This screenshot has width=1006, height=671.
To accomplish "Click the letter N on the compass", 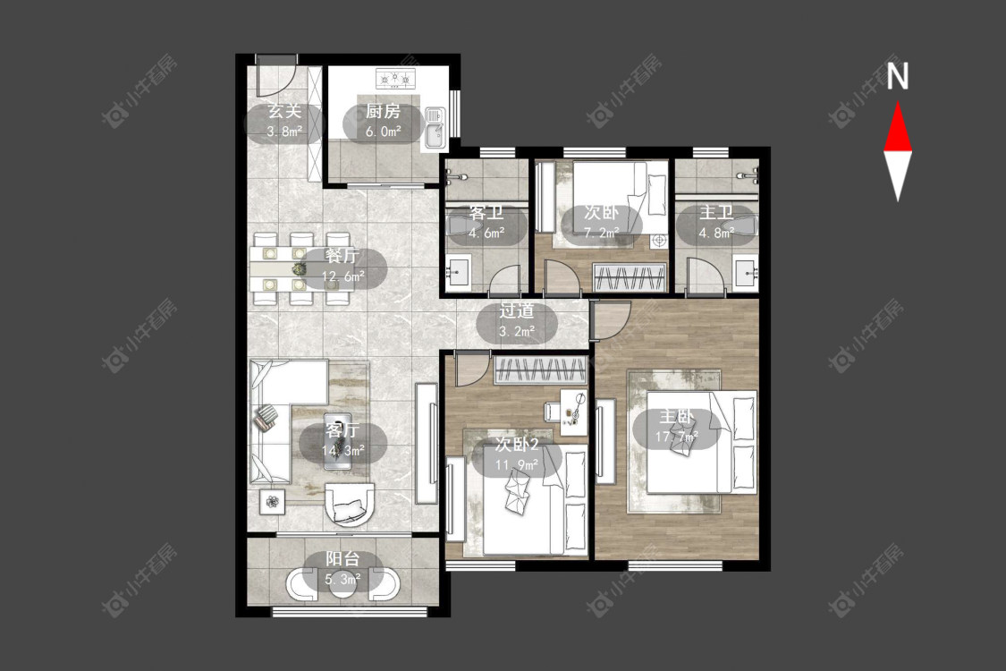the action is pyautogui.click(x=898, y=76).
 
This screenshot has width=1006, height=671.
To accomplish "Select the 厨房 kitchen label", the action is pyautogui.click(x=383, y=111).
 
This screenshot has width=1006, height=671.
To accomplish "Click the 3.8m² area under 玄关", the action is pyautogui.click(x=284, y=132).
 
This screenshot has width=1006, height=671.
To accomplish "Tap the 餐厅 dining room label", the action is pyautogui.click(x=342, y=256).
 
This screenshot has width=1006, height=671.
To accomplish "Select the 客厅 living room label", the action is pyautogui.click(x=342, y=429).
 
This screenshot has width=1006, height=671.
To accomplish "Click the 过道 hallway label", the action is pyautogui.click(x=517, y=310).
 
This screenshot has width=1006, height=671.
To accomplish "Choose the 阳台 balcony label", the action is pyautogui.click(x=342, y=558).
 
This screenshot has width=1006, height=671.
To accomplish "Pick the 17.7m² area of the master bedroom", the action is pyautogui.click(x=676, y=437).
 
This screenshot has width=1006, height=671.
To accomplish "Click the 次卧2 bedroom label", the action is pyautogui.click(x=517, y=445).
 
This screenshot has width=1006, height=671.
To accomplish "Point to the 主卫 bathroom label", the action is pyautogui.click(x=716, y=212).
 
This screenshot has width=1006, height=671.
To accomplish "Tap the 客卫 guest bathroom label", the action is pyautogui.click(x=486, y=212).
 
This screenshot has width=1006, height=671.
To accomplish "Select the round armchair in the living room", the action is pyautogui.click(x=349, y=504).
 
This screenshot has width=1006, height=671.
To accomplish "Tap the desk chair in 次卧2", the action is pyautogui.click(x=553, y=411).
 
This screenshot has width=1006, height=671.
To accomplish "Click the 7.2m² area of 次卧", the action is pyautogui.click(x=601, y=233).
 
